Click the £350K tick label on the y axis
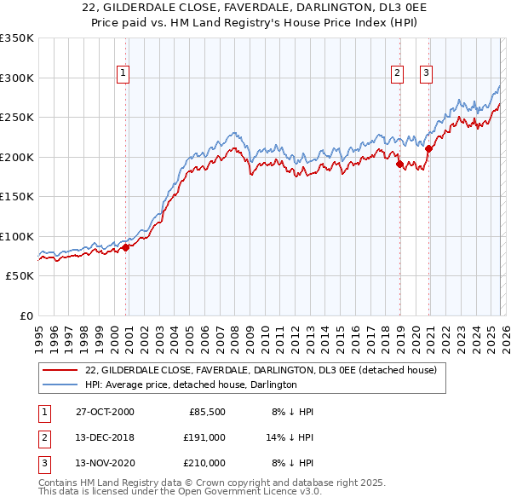pyautogui.click(x=17, y=38)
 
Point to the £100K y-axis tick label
pyautogui.click(x=17, y=236)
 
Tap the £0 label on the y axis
pyautogui.click(x=27, y=315)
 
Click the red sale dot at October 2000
pyautogui.click(x=125, y=247)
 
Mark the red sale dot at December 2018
pyautogui.click(x=399, y=164)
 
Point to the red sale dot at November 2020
pyautogui.click(x=428, y=148)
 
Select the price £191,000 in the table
pyautogui.click(x=204, y=437)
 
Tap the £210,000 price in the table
pyautogui.click(x=204, y=463)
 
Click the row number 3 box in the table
pyautogui.click(x=43, y=463)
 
